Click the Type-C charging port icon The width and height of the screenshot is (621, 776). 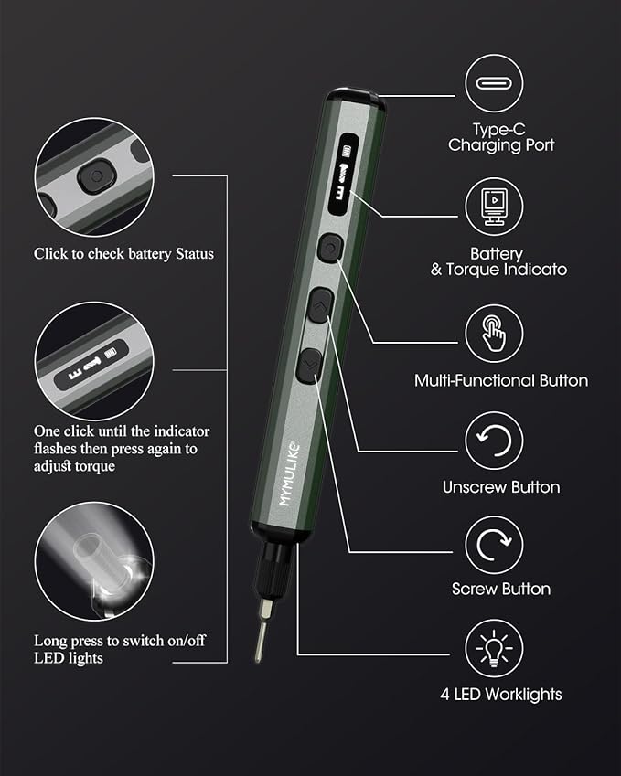pos(494,85)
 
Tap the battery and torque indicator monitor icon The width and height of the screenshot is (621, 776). pos(494,207)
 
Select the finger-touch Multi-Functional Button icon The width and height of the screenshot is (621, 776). pos(494,334)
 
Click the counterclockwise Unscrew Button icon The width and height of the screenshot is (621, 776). pos(494,441)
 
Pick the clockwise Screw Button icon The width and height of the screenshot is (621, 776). pos(494,546)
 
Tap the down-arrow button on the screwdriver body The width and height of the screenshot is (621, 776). pos(308,366)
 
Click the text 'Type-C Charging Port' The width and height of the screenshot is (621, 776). pos(500,137)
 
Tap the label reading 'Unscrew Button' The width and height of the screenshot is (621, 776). pos(500,487)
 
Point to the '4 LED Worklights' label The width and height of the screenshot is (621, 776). pos(500,694)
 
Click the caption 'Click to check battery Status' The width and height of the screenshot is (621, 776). pos(123,253)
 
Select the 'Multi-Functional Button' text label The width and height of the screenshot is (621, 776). pos(500,380)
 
